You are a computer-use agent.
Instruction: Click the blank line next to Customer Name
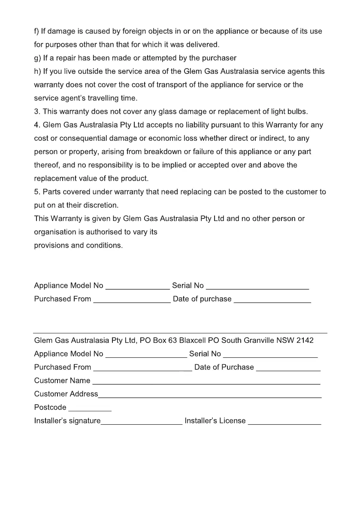point(206,383)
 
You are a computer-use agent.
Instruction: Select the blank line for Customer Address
point(210,396)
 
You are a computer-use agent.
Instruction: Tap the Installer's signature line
point(142,423)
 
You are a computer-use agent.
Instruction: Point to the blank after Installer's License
point(284,423)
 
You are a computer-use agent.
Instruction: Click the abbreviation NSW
point(285,340)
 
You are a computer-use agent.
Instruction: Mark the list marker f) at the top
point(37,31)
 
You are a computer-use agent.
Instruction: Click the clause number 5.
point(36,192)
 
